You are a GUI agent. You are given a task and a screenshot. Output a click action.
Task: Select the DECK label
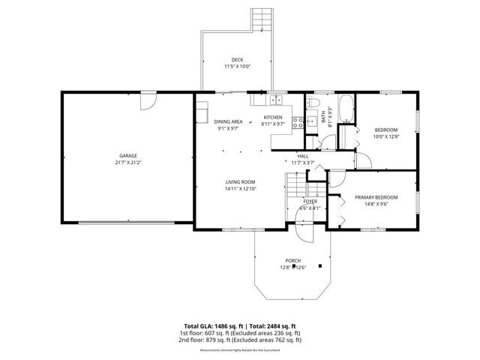pyautogui.click(x=237, y=60)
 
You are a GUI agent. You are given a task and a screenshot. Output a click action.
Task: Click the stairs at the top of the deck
pyautogui.click(x=260, y=18)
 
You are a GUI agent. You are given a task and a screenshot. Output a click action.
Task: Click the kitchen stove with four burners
pyautogui.click(x=297, y=122)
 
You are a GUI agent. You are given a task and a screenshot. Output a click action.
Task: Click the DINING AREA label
pyautogui.click(x=228, y=121)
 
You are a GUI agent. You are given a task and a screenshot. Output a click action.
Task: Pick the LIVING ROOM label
pyautogui.click(x=241, y=182)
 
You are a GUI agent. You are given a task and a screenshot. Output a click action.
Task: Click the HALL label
pyautogui.click(x=302, y=156)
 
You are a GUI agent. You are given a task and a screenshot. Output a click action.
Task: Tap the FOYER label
pyautogui.click(x=310, y=202)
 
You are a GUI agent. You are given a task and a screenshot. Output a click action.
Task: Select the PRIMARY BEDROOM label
pyautogui.click(x=376, y=197)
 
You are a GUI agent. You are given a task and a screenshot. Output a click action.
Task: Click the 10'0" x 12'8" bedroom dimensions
pyautogui.click(x=385, y=136)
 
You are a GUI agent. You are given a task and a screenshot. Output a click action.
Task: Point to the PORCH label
pyautogui.click(x=292, y=261)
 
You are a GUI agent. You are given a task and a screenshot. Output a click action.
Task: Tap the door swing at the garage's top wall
pyautogui.click(x=148, y=98)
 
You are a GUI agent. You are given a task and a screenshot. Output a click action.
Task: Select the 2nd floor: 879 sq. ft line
pyautogui.click(x=240, y=340)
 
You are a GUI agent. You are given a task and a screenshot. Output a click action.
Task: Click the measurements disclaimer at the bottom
pyautogui.click(x=240, y=350)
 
